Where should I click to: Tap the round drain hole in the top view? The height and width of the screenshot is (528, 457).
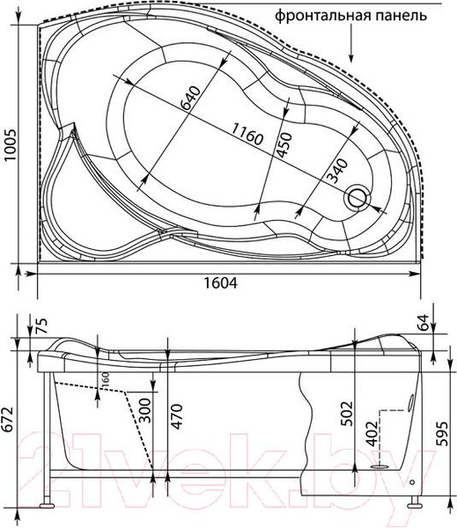[359, 198]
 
